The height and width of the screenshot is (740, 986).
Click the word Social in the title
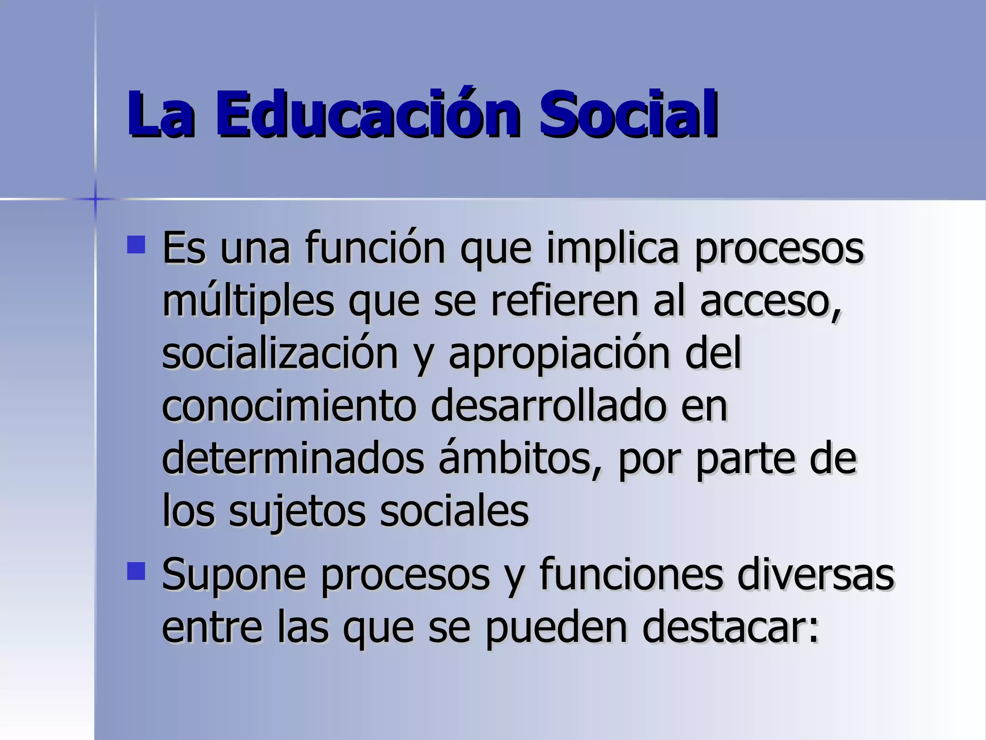coord(628,115)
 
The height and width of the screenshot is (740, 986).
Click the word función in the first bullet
coord(375,248)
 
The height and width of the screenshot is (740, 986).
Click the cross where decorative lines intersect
coord(95,198)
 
